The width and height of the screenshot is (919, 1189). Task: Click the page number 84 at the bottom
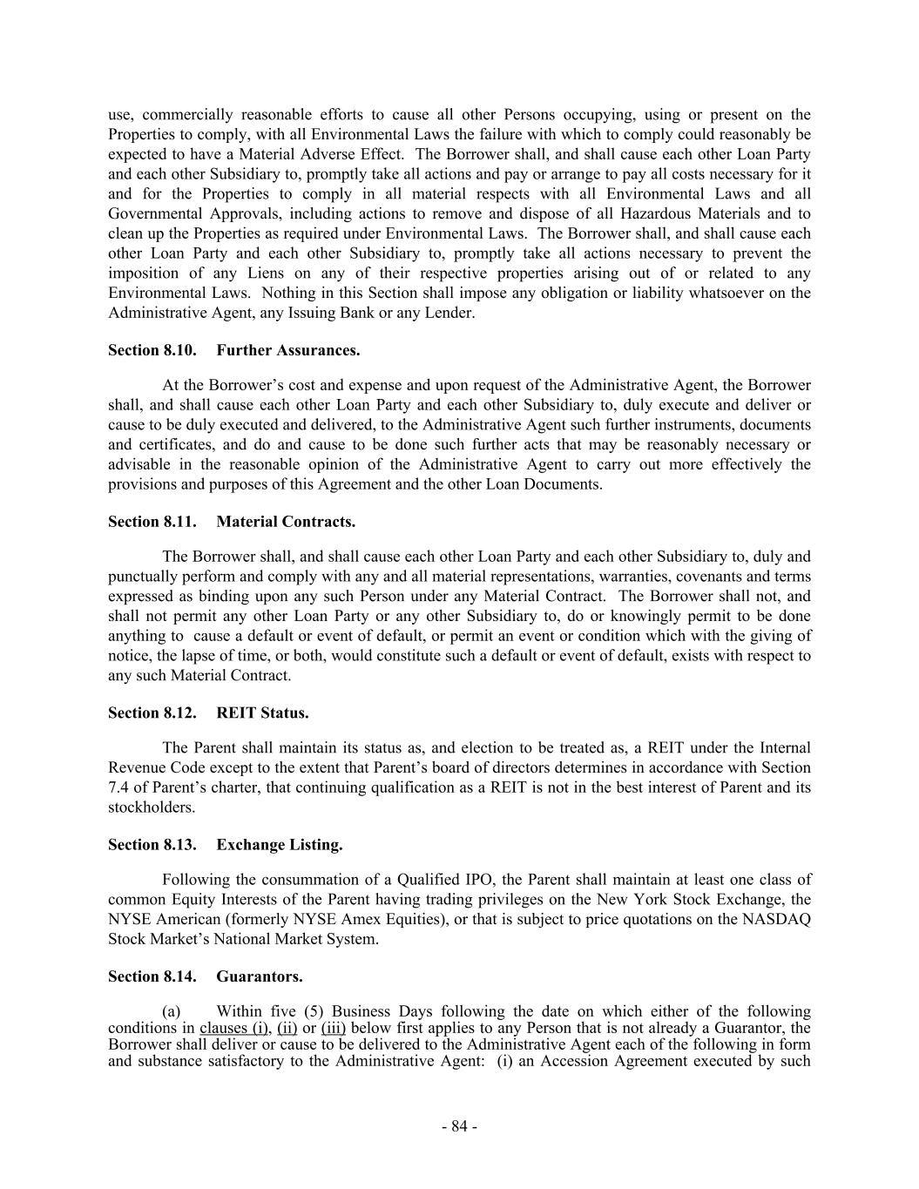(x=459, y=1126)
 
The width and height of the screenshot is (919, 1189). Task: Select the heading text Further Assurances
(x=287, y=350)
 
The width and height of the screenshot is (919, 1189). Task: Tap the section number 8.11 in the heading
(x=179, y=522)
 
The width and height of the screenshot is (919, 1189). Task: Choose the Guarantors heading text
(x=260, y=976)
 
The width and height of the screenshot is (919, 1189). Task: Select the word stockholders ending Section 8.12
(x=150, y=807)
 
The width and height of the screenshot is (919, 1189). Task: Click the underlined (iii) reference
(x=334, y=1028)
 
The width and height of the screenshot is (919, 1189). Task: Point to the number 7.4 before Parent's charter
(x=118, y=787)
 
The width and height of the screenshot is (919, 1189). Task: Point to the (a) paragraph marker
(x=172, y=1011)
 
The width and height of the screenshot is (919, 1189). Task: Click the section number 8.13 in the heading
(x=179, y=845)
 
